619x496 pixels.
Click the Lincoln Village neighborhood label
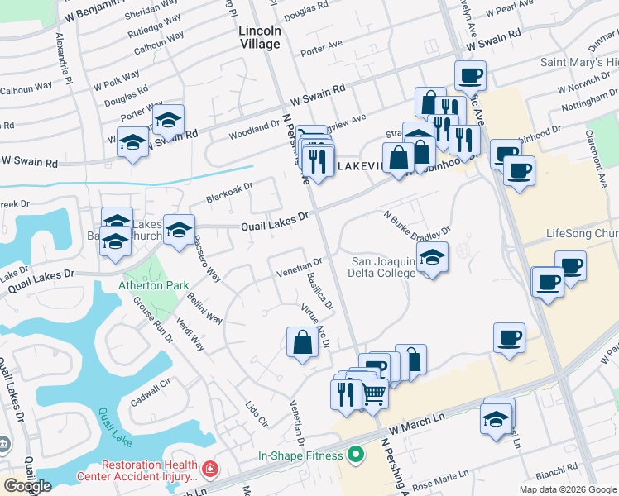point(259,37)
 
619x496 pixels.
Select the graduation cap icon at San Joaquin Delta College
point(432,259)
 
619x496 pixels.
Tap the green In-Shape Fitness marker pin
point(356,455)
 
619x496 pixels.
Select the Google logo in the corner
point(27,485)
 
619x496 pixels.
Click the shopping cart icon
point(374,394)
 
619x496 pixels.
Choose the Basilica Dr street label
point(320,293)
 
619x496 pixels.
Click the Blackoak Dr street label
point(228,191)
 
